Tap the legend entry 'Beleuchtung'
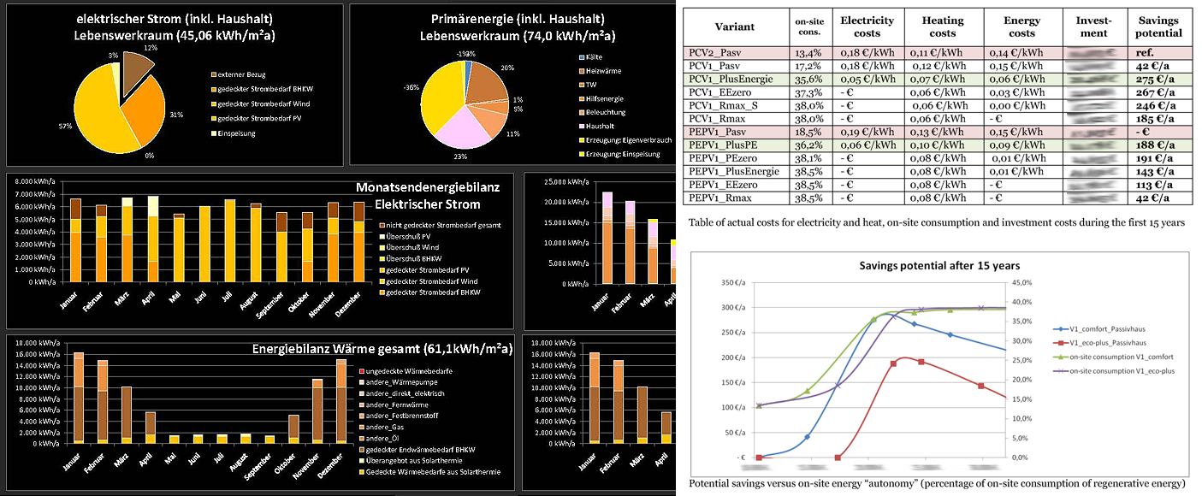click(606, 111)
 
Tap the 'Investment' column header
click(1095, 26)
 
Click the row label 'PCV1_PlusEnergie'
click(730, 78)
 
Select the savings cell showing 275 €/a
click(1158, 78)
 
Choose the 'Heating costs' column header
click(943, 26)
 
